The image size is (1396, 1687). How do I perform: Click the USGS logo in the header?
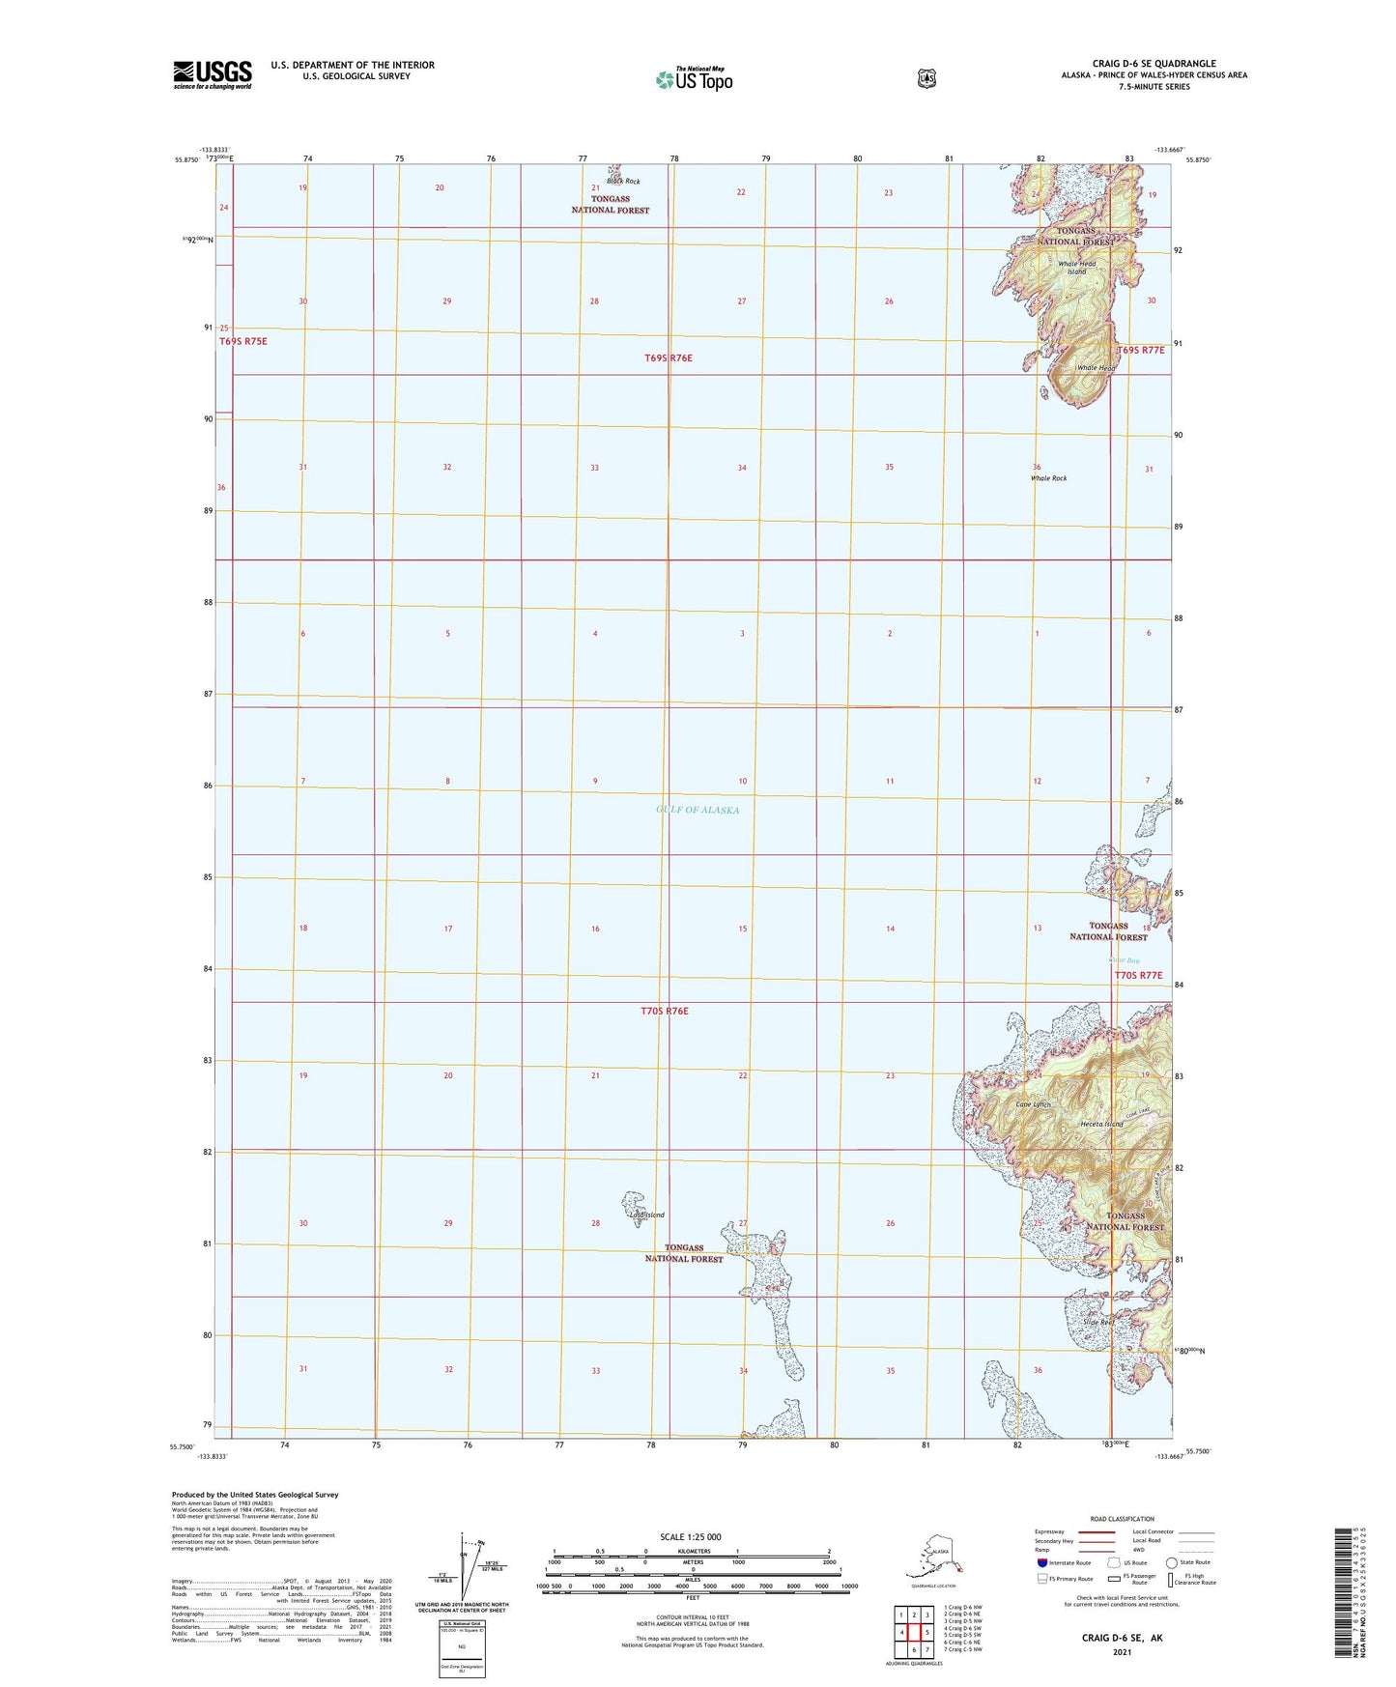coord(213,74)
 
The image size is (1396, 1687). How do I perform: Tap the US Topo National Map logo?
coord(694,78)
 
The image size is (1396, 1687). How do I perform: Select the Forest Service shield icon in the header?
coord(926,78)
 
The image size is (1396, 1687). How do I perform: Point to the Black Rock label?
coord(623,182)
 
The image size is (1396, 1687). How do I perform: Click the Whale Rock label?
coord(1048,478)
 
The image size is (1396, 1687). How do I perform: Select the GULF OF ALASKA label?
coord(697,810)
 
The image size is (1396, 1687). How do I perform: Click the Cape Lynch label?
coord(1032,1104)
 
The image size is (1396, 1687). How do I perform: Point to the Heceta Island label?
coord(1101,1124)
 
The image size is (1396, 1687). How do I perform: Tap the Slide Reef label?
coord(1098,1322)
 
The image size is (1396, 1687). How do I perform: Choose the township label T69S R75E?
coord(242,341)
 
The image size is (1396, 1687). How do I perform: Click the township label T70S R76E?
coord(665,1011)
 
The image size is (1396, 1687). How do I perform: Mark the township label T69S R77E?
coord(1141,350)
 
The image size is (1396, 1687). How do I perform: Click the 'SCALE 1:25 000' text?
coord(690,1537)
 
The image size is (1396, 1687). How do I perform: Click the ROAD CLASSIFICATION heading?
coord(1122,1519)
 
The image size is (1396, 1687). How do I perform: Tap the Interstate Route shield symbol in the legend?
coord(1041,1562)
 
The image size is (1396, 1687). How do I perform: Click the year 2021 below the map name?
coord(1121,1651)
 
